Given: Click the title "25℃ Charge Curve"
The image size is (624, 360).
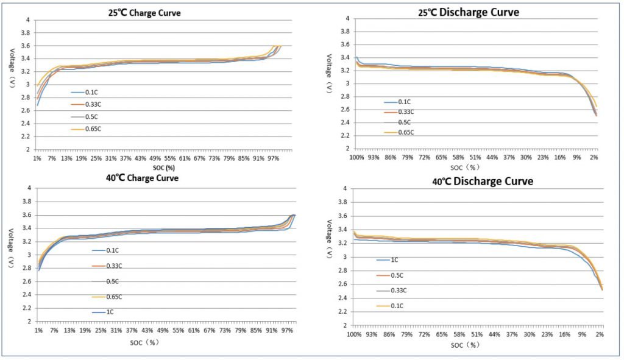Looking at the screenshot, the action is [144, 13].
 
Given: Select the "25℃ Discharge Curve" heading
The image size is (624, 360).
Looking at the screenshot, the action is [469, 12].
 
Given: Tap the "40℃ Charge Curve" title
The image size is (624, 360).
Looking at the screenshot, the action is [142, 178].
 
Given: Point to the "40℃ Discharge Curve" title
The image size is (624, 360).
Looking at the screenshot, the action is [483, 182].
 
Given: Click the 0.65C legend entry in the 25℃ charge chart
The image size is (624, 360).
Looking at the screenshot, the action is [86, 129].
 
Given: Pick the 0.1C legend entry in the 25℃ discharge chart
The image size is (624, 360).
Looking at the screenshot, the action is [397, 102].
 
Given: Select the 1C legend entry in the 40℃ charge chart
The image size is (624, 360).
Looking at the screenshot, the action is [103, 312].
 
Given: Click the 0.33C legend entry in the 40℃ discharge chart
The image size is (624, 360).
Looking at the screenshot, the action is [392, 291].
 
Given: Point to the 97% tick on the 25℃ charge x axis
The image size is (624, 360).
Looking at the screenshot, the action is [274, 158].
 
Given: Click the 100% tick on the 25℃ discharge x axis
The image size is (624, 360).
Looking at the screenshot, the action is [356, 157].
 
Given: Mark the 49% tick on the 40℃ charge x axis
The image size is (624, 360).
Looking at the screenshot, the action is [163, 330].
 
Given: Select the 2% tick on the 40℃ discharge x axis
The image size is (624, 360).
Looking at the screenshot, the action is [600, 334].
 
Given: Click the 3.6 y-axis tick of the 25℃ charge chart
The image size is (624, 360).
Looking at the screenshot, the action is [26, 46].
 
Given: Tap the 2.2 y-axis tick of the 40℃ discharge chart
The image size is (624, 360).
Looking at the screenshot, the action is [342, 311].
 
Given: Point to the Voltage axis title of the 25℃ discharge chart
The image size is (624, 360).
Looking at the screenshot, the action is [329, 74].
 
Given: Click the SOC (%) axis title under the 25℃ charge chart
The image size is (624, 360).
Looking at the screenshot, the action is [164, 168].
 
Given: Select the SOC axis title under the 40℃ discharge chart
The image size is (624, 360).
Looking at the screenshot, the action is [465, 345].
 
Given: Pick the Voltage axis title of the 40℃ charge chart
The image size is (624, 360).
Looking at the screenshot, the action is [12, 248].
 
